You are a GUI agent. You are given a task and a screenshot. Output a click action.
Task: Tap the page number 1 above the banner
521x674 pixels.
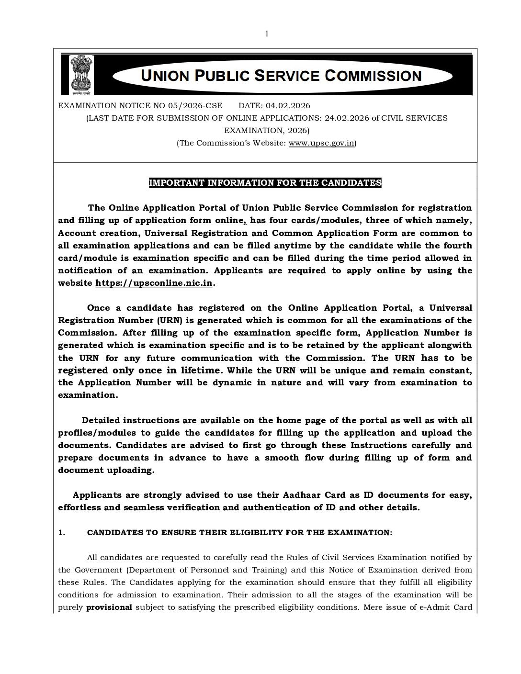click(267, 33)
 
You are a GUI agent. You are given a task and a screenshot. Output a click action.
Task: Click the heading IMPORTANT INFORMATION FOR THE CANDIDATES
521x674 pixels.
click(265, 183)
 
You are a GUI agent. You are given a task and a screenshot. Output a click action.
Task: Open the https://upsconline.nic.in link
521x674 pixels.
click(154, 283)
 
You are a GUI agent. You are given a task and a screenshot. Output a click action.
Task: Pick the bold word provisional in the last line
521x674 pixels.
click(109, 607)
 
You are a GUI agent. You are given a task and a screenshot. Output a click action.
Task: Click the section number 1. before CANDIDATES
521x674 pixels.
click(61, 532)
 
